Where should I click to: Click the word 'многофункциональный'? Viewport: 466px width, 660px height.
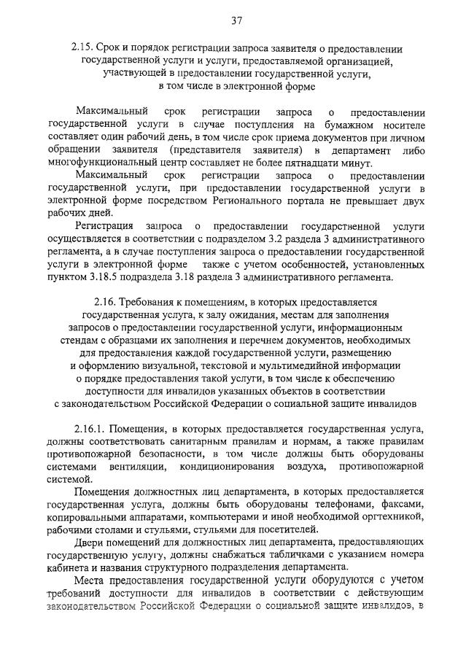(x=99, y=163)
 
